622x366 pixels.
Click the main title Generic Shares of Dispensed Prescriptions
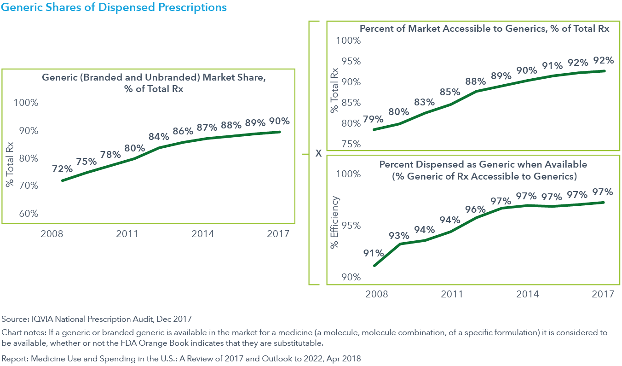[x=114, y=7]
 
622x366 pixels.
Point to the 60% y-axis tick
[x=29, y=214]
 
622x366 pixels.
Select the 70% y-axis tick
[x=29, y=186]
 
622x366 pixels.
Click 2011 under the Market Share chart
[x=127, y=234]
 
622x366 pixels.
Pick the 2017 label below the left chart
[x=278, y=234]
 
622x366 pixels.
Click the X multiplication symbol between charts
[x=318, y=154]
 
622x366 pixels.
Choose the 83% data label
[x=424, y=102]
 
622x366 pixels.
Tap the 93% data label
[x=398, y=236]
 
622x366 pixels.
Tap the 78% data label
[x=110, y=154]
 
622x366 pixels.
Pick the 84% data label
[x=159, y=137]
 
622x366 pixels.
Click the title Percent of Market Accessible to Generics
[x=484, y=29]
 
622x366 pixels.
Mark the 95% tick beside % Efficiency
[x=351, y=226]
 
